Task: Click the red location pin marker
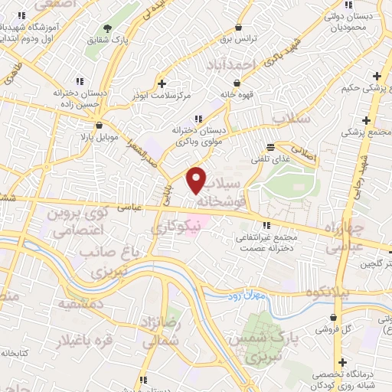(x=197, y=180)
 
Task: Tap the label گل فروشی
(x=335, y=329)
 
